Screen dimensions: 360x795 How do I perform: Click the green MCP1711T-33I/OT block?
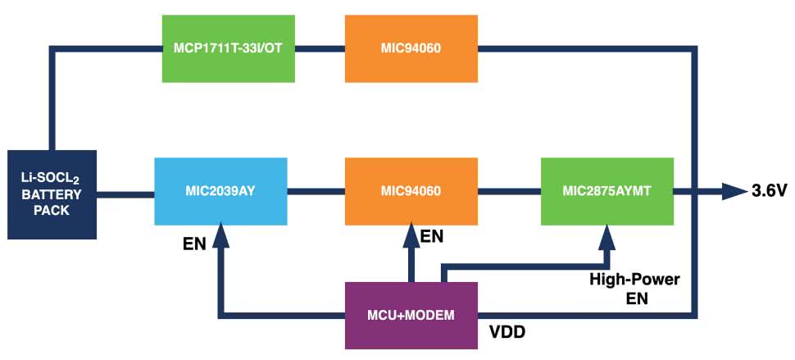pyautogui.click(x=227, y=49)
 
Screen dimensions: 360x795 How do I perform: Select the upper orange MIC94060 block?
pyautogui.click(x=411, y=49)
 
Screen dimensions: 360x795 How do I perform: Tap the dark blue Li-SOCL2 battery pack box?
pyautogui.click(x=51, y=192)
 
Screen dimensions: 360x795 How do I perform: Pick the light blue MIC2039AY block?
pyautogui.click(x=220, y=192)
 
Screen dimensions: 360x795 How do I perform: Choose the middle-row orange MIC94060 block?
pyautogui.click(x=411, y=192)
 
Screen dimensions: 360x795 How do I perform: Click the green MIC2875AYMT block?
pyautogui.click(x=607, y=192)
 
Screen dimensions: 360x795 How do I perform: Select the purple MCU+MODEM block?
pyautogui.click(x=411, y=315)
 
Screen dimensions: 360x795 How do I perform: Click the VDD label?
pyautogui.click(x=508, y=334)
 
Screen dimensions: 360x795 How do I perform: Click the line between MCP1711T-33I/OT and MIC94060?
pyautogui.click(x=320, y=49)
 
